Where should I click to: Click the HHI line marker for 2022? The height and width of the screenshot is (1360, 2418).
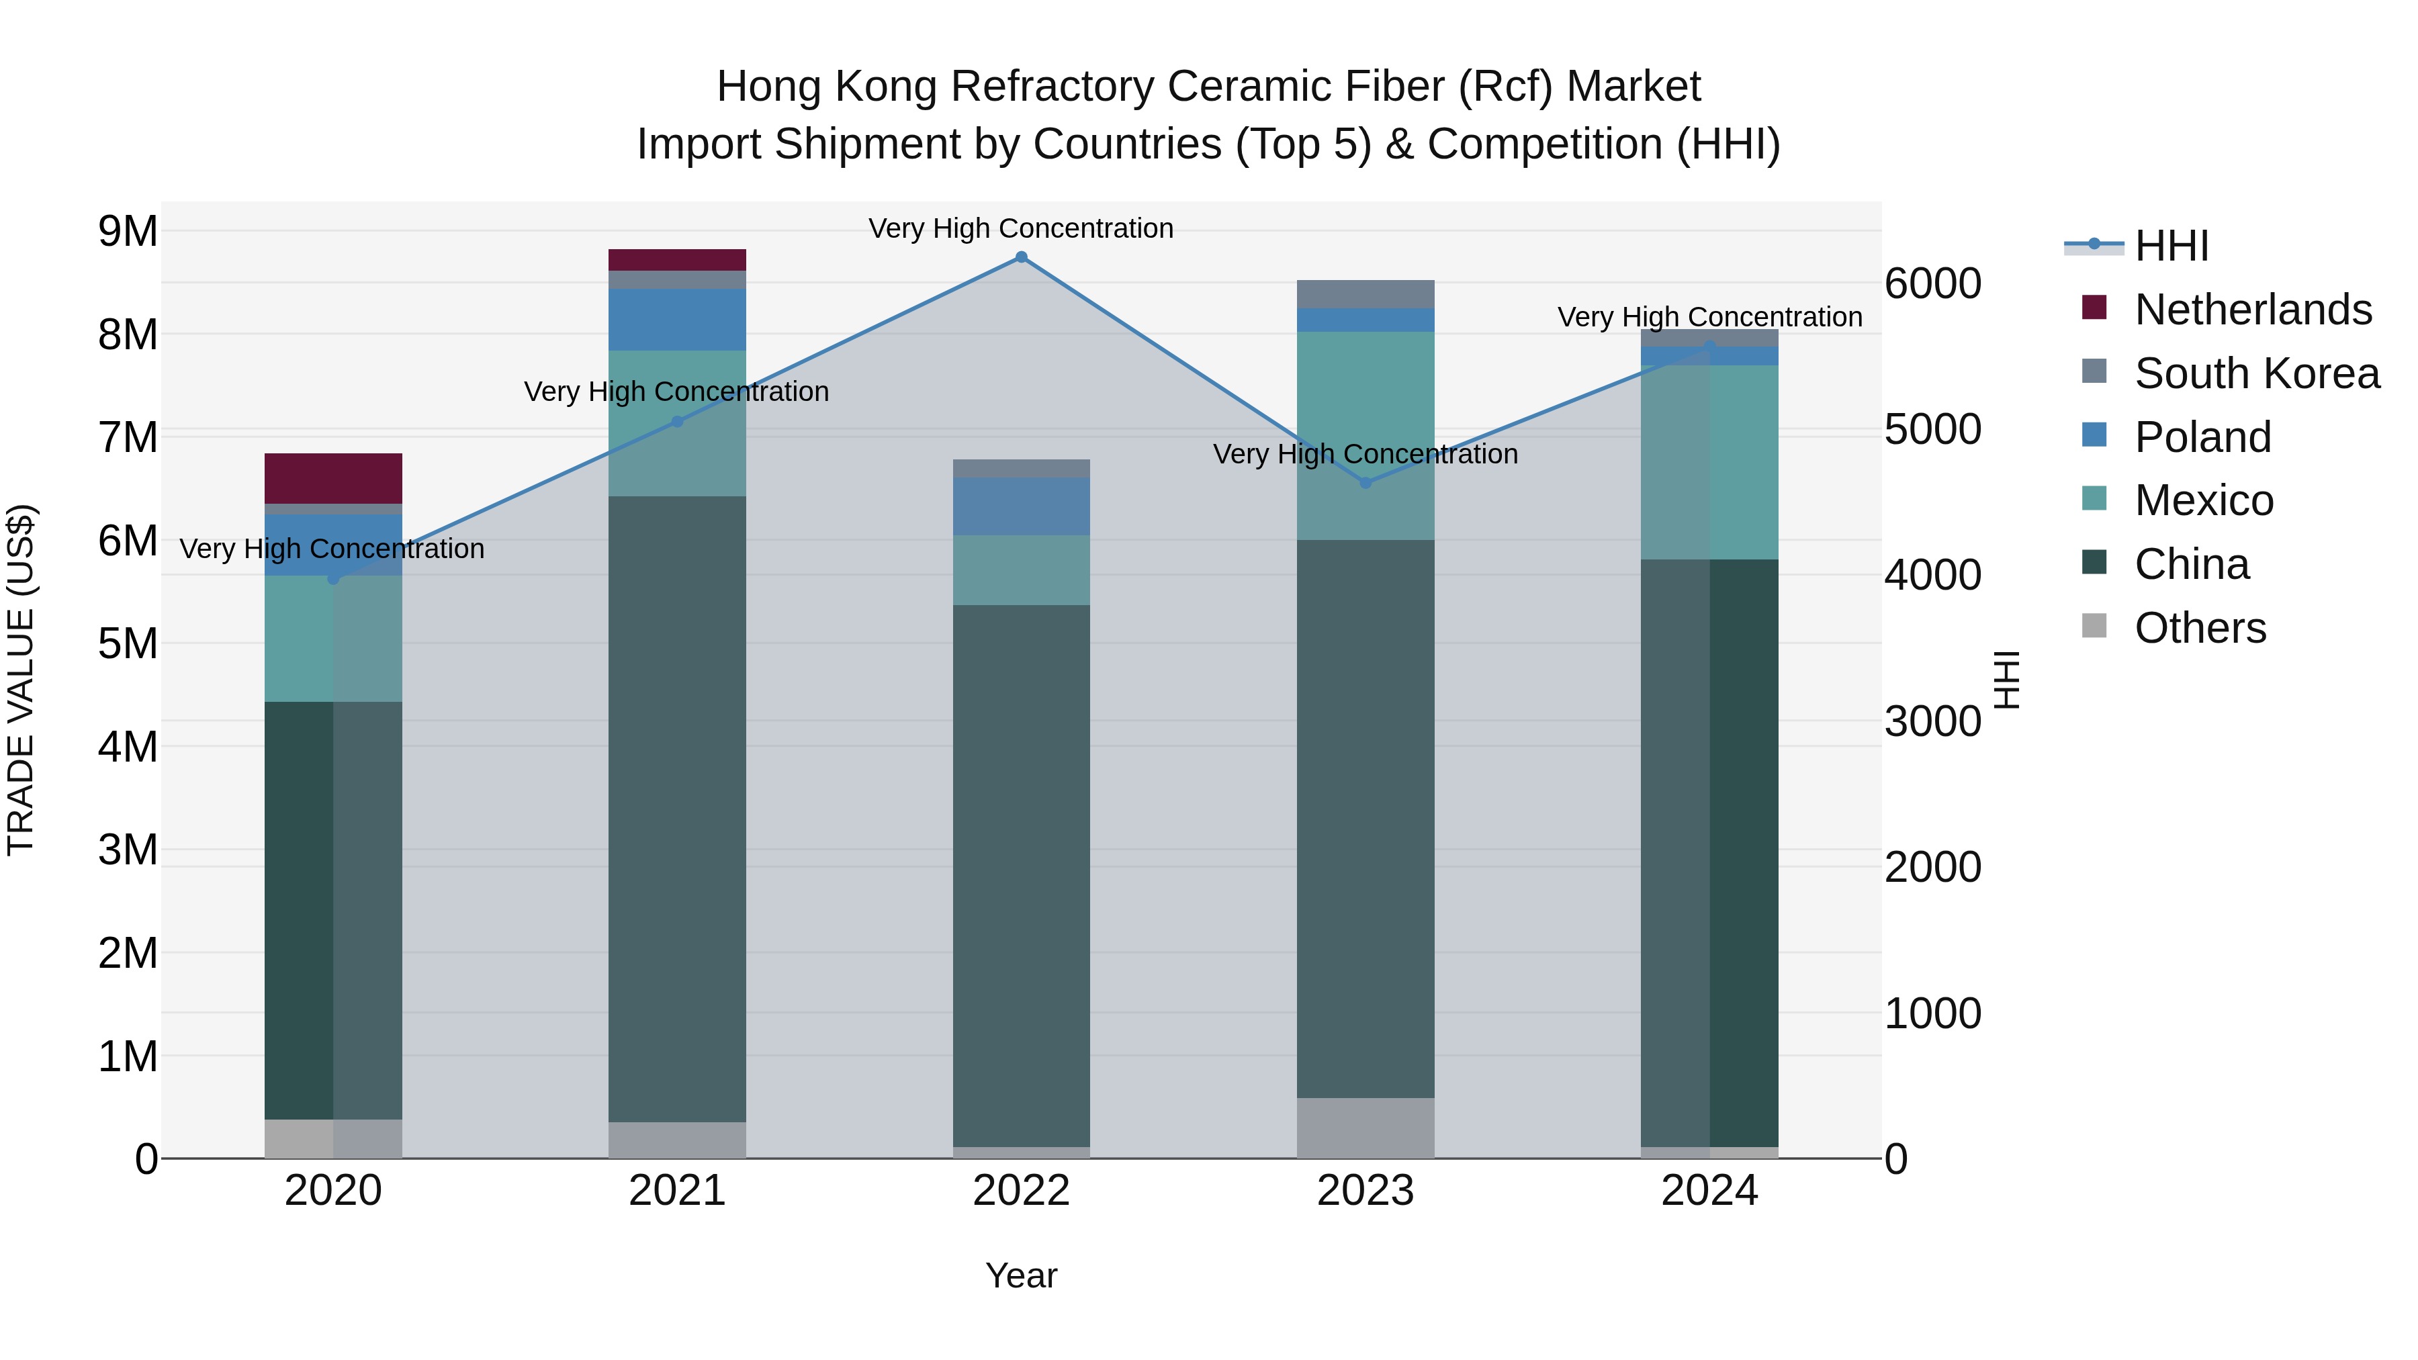[x=1021, y=257]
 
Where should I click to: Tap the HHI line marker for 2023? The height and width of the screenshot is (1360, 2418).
[x=1365, y=484]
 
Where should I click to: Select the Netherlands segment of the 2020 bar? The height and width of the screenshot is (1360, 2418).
[x=333, y=479]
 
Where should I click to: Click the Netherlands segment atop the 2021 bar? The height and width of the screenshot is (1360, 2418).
[x=677, y=260]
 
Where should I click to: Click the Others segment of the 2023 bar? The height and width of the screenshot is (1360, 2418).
[x=1365, y=1128]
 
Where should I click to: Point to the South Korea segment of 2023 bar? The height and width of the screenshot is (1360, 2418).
[x=1365, y=293]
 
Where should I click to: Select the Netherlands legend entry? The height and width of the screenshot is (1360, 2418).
[x=2252, y=310]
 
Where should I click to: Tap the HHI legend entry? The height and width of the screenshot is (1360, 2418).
[x=2170, y=246]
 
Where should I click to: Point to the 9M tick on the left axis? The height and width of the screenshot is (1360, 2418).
[x=128, y=231]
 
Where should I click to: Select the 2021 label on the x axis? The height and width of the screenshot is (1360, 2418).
[x=677, y=1191]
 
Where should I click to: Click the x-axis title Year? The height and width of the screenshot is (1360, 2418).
[x=1021, y=1275]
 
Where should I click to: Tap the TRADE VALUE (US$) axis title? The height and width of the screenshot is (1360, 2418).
[x=21, y=680]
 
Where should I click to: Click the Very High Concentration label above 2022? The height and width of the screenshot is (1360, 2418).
[x=1021, y=228]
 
